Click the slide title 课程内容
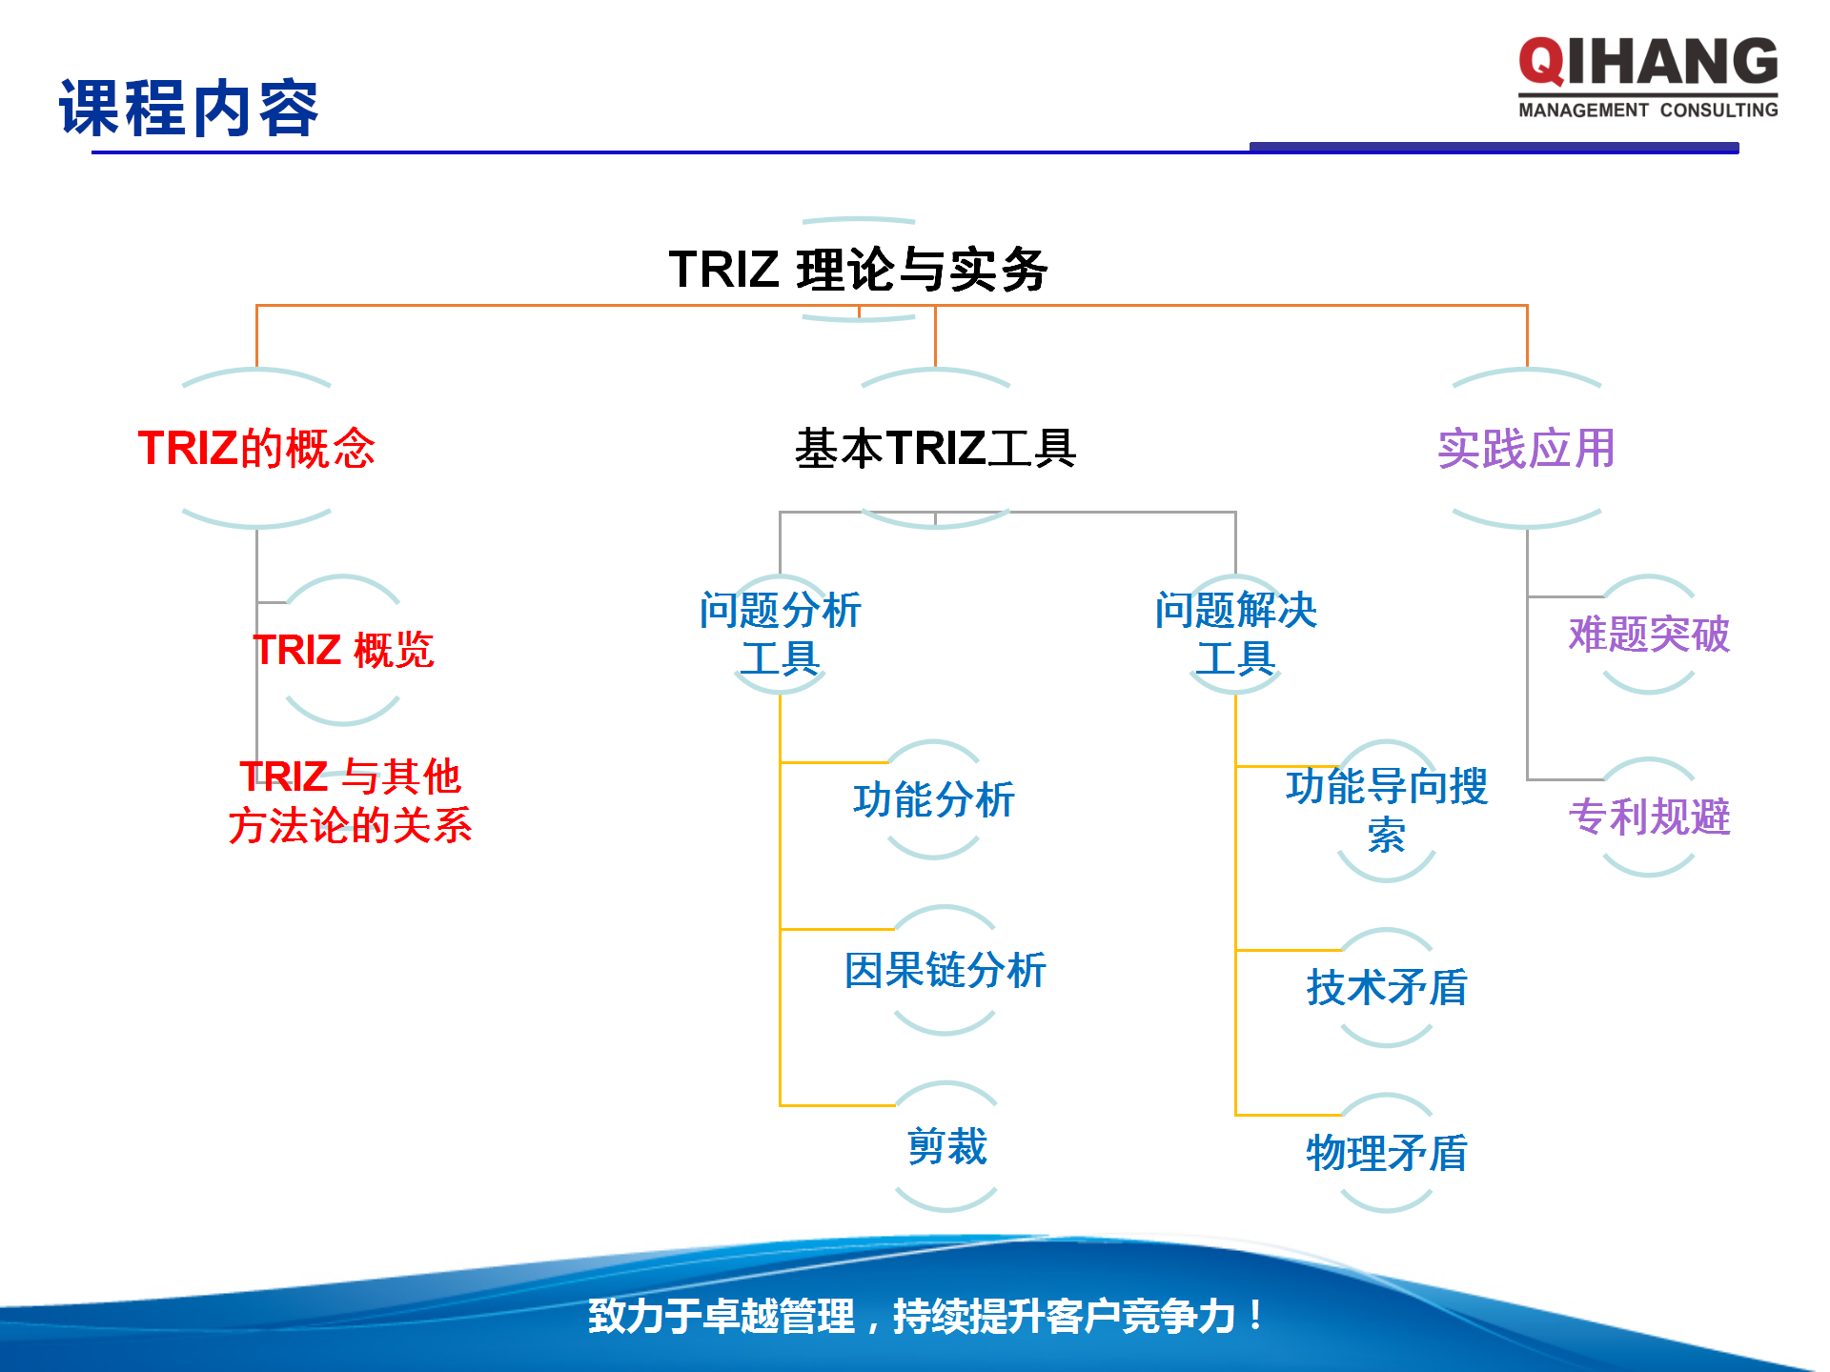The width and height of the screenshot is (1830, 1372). click(189, 109)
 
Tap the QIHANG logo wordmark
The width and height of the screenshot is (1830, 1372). click(1648, 62)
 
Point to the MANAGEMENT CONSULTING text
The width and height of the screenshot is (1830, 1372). click(1648, 111)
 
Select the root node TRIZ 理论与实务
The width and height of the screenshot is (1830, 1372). click(858, 270)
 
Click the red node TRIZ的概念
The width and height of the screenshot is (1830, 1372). click(256, 448)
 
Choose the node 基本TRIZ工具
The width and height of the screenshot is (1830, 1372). click(935, 448)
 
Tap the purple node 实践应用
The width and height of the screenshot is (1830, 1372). click(1526, 448)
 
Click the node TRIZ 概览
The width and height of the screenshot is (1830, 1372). click(343, 650)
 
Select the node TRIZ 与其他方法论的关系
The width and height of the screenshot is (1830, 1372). click(350, 800)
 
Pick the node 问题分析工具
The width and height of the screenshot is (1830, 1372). click(780, 634)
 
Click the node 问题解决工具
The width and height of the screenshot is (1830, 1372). click(1235, 634)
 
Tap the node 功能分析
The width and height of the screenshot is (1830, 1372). click(933, 799)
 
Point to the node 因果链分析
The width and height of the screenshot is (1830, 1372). click(945, 970)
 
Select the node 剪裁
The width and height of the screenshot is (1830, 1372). click(946, 1146)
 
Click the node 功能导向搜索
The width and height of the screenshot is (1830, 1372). click(1386, 810)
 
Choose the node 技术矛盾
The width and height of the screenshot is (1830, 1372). click(1386, 987)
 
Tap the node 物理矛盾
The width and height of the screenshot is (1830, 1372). click(1386, 1153)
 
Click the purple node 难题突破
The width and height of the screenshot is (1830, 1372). click(1648, 634)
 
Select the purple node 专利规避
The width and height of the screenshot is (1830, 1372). click(1648, 817)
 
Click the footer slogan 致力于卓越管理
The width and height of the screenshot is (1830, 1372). click(925, 1316)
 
